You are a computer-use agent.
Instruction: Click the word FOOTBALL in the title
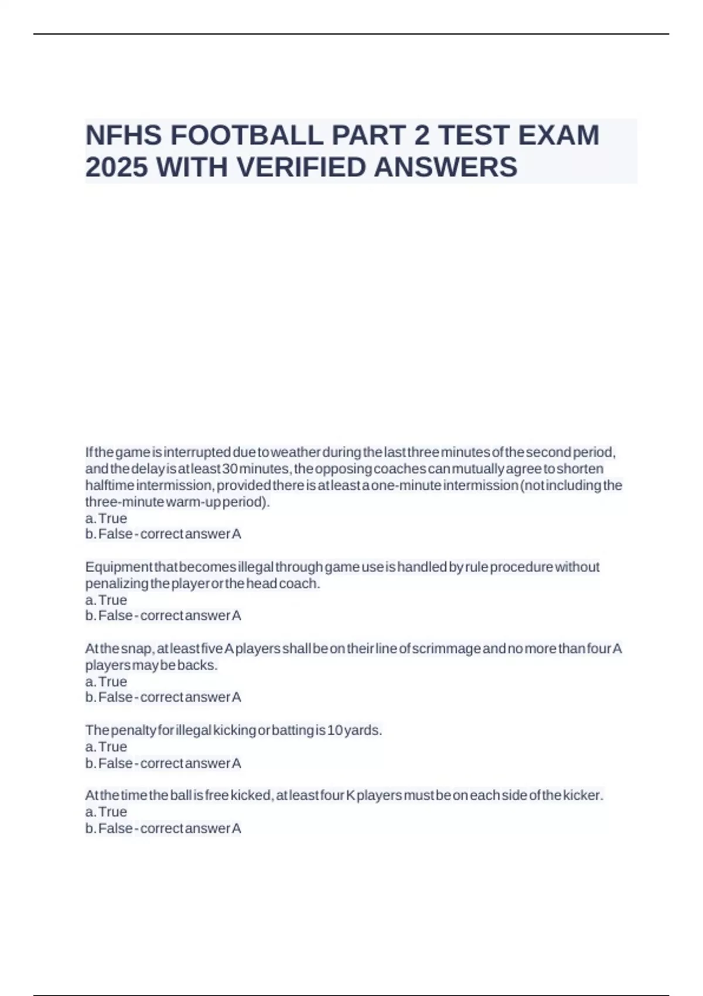(247, 135)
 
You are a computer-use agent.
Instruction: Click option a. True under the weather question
(106, 519)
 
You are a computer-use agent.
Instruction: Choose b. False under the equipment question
(109, 616)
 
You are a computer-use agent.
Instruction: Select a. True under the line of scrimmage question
(106, 682)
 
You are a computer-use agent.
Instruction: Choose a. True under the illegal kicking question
(106, 747)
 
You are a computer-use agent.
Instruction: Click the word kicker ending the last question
(582, 796)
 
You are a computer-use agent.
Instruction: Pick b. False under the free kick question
(109, 828)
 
